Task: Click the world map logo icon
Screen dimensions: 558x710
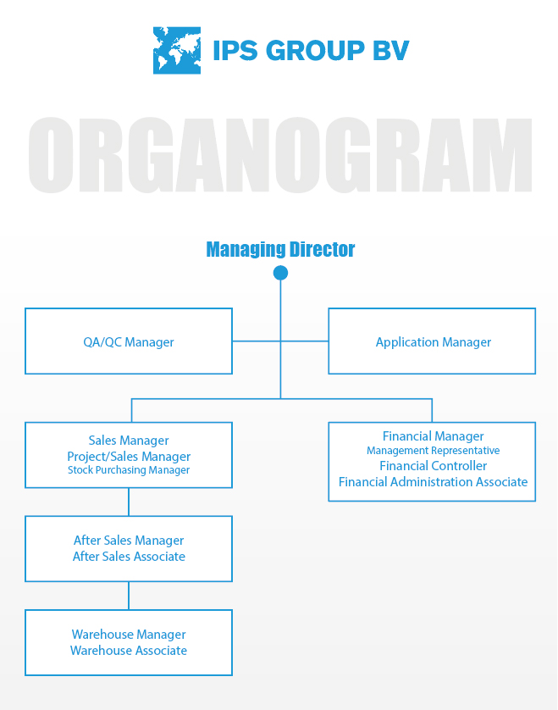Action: point(176,50)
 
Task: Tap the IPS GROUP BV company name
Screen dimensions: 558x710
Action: point(311,50)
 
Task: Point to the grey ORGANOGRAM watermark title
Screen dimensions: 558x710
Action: point(280,155)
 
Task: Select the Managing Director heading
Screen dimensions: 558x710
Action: point(280,249)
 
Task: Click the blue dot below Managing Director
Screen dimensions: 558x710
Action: point(280,273)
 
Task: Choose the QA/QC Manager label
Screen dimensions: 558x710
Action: point(129,342)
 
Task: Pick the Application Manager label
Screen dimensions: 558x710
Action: point(433,342)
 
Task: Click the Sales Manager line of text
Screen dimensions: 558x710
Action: point(129,440)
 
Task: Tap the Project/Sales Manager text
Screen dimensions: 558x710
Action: point(129,457)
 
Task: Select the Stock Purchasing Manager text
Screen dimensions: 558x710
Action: point(129,470)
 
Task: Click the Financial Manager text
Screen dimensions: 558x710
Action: point(433,436)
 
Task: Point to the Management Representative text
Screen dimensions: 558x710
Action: point(433,451)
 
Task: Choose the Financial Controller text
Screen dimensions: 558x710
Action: point(433,465)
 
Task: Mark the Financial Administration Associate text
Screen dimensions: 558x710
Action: point(433,482)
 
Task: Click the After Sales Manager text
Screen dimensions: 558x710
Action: point(129,541)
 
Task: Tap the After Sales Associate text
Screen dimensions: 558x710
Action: point(129,556)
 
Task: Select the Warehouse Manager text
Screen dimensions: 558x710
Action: point(129,635)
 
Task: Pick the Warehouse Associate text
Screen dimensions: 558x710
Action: point(129,650)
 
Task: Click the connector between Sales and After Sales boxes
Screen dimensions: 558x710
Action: point(129,502)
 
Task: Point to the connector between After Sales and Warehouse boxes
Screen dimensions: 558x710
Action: point(129,596)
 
